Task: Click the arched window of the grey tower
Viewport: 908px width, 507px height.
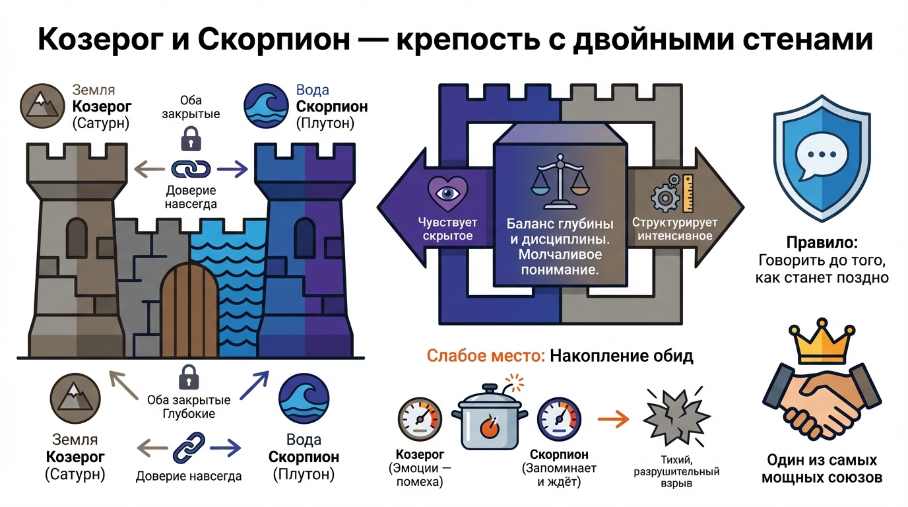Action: click(77, 234)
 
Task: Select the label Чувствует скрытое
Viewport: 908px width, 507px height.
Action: click(447, 229)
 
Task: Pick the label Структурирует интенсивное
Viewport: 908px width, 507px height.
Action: click(672, 229)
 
